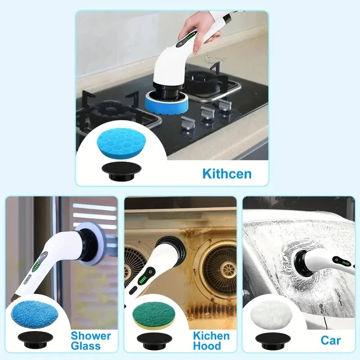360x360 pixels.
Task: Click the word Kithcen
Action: (x=226, y=174)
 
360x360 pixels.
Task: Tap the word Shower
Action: (x=90, y=336)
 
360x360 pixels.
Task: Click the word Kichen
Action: (x=211, y=336)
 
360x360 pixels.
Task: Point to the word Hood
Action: (x=207, y=346)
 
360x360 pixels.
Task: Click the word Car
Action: (x=331, y=340)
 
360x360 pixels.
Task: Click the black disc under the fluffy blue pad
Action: (x=32, y=340)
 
